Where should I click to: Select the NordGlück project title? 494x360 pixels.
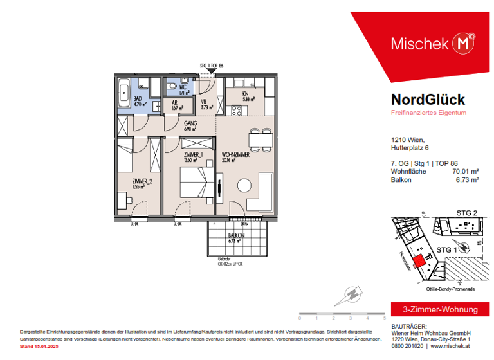pos(428,100)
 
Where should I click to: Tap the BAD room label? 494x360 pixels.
pos(138,99)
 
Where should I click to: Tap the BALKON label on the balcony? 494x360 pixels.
pos(236,236)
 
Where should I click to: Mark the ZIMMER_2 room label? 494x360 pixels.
pos(142,182)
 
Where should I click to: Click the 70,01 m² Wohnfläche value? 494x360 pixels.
pos(465,171)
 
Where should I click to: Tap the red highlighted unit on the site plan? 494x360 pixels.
pos(418,260)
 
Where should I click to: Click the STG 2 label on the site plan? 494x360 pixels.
pos(466,213)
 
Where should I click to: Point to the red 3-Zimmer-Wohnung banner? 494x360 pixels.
pos(435,309)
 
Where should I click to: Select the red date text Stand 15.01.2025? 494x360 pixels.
pos(40,346)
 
